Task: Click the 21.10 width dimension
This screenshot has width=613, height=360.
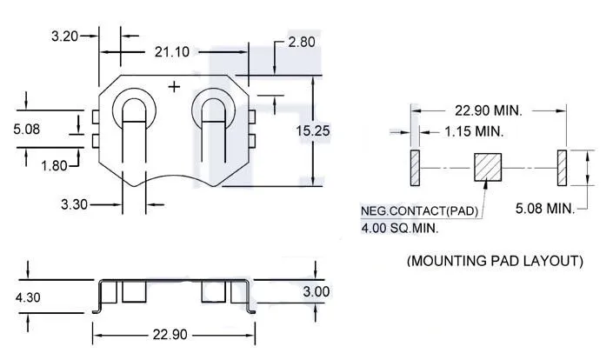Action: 172,51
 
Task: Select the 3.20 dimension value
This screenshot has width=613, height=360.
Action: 65,36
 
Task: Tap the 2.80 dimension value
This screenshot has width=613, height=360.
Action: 302,42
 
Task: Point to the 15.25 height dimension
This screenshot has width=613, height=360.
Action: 313,130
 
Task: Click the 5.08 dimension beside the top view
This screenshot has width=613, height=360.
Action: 27,129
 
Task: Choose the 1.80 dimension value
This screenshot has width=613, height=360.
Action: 54,166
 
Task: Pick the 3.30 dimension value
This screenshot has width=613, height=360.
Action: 74,204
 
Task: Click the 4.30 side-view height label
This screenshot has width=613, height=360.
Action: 28,297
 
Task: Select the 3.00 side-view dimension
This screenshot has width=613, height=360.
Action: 316,291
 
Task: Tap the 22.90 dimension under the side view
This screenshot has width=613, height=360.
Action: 170,335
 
